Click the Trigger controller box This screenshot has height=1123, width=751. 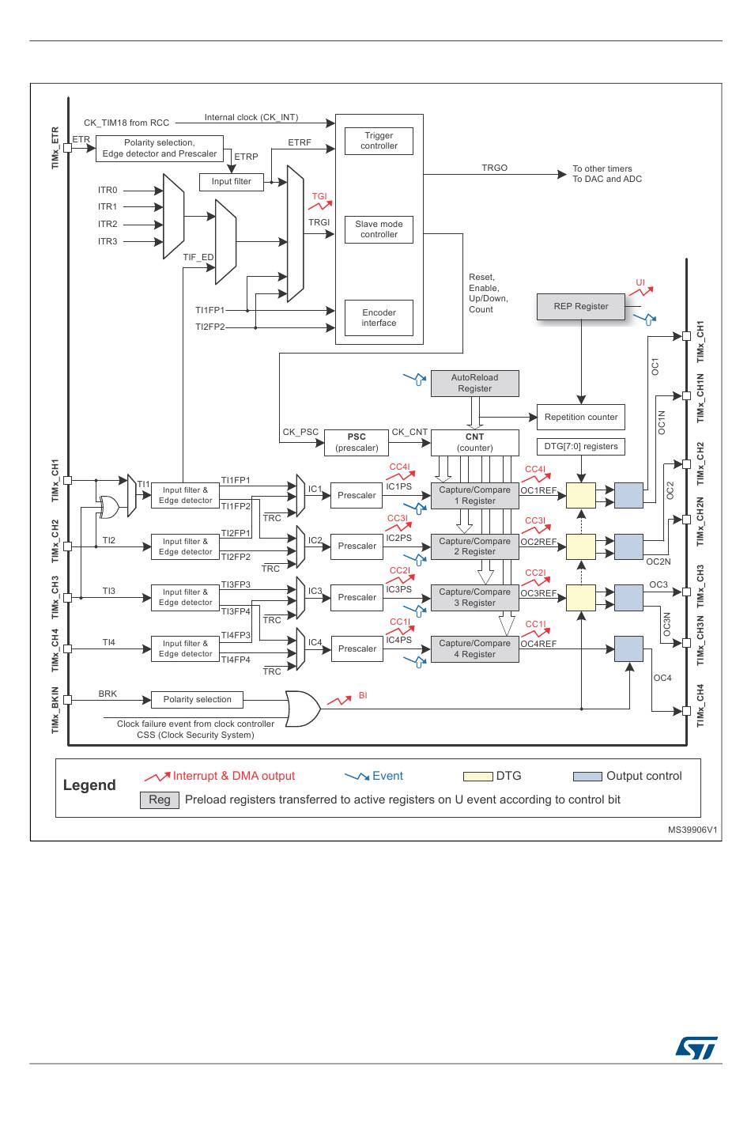pos(379,141)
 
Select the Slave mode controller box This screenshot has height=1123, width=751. pos(379,229)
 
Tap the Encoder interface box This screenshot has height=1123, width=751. pos(379,318)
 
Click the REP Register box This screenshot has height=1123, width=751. pos(581,306)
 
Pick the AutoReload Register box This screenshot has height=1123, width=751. pos(474,383)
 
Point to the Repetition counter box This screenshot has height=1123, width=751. pos(581,417)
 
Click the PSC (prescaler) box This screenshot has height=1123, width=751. pos(357,443)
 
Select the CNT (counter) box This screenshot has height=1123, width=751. pos(474,443)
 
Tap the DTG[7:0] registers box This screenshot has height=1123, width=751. pos(581,446)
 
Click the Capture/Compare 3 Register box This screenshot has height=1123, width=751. pos(474,598)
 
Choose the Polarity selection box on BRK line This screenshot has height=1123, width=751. pos(197,699)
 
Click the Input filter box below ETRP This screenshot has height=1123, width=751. pos(231,181)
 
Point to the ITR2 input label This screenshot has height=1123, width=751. pos(108,224)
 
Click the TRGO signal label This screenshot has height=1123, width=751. pos(495,168)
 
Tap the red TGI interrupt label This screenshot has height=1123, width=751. pos(319,196)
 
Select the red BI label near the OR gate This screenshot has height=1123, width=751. pos(363,695)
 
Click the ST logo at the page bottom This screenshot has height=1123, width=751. pos(696,1047)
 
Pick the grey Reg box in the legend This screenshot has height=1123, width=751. pos(160,800)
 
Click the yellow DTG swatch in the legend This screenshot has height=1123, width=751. pos(477,777)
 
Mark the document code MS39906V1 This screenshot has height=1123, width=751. pos(692,830)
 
